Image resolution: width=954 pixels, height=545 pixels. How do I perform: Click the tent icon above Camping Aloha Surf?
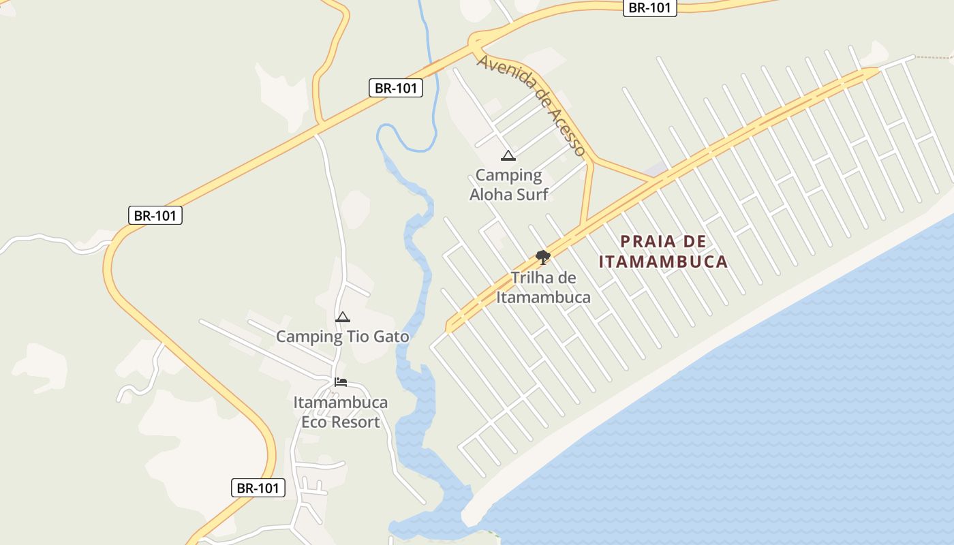coord(508,156)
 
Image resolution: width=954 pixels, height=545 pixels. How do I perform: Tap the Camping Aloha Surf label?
coord(508,185)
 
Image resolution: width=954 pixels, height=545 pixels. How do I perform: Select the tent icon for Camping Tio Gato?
coord(342,317)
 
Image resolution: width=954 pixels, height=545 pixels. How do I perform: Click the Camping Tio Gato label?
coord(342,337)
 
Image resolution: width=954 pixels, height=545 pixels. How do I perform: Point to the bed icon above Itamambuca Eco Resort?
coord(341,381)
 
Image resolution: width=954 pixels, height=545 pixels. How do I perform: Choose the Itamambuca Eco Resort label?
coord(341,412)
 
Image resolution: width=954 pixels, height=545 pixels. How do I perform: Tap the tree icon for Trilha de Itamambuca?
coord(542,257)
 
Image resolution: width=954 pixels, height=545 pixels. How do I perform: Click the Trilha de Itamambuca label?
coord(543,287)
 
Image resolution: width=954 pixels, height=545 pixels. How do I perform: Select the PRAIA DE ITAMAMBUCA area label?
coord(663,251)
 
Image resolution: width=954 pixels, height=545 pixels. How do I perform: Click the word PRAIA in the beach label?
coord(648,242)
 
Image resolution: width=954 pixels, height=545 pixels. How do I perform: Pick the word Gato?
coord(386,337)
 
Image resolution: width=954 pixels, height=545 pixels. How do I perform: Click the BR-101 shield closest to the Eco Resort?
coord(258,488)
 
